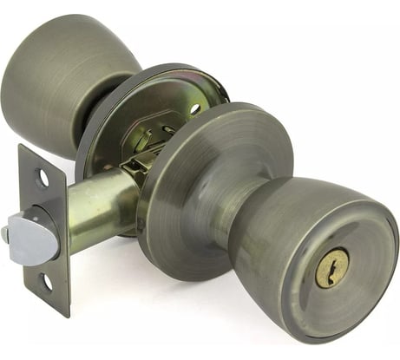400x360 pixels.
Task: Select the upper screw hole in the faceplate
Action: (43, 178)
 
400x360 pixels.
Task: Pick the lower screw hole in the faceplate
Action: (46, 282)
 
